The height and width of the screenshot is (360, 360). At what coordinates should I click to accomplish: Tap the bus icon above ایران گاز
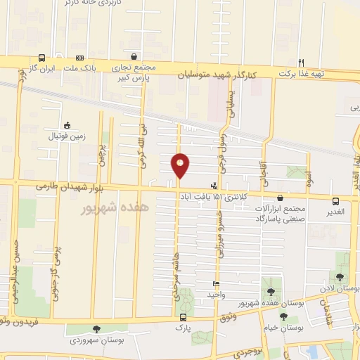[43, 58]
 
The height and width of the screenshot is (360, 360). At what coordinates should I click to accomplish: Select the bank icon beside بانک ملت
[80, 58]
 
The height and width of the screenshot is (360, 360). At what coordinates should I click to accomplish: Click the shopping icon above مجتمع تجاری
[134, 55]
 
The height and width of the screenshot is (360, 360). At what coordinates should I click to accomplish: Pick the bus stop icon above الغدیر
[335, 200]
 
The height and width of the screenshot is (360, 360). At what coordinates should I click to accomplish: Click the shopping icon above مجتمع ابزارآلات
[281, 199]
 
